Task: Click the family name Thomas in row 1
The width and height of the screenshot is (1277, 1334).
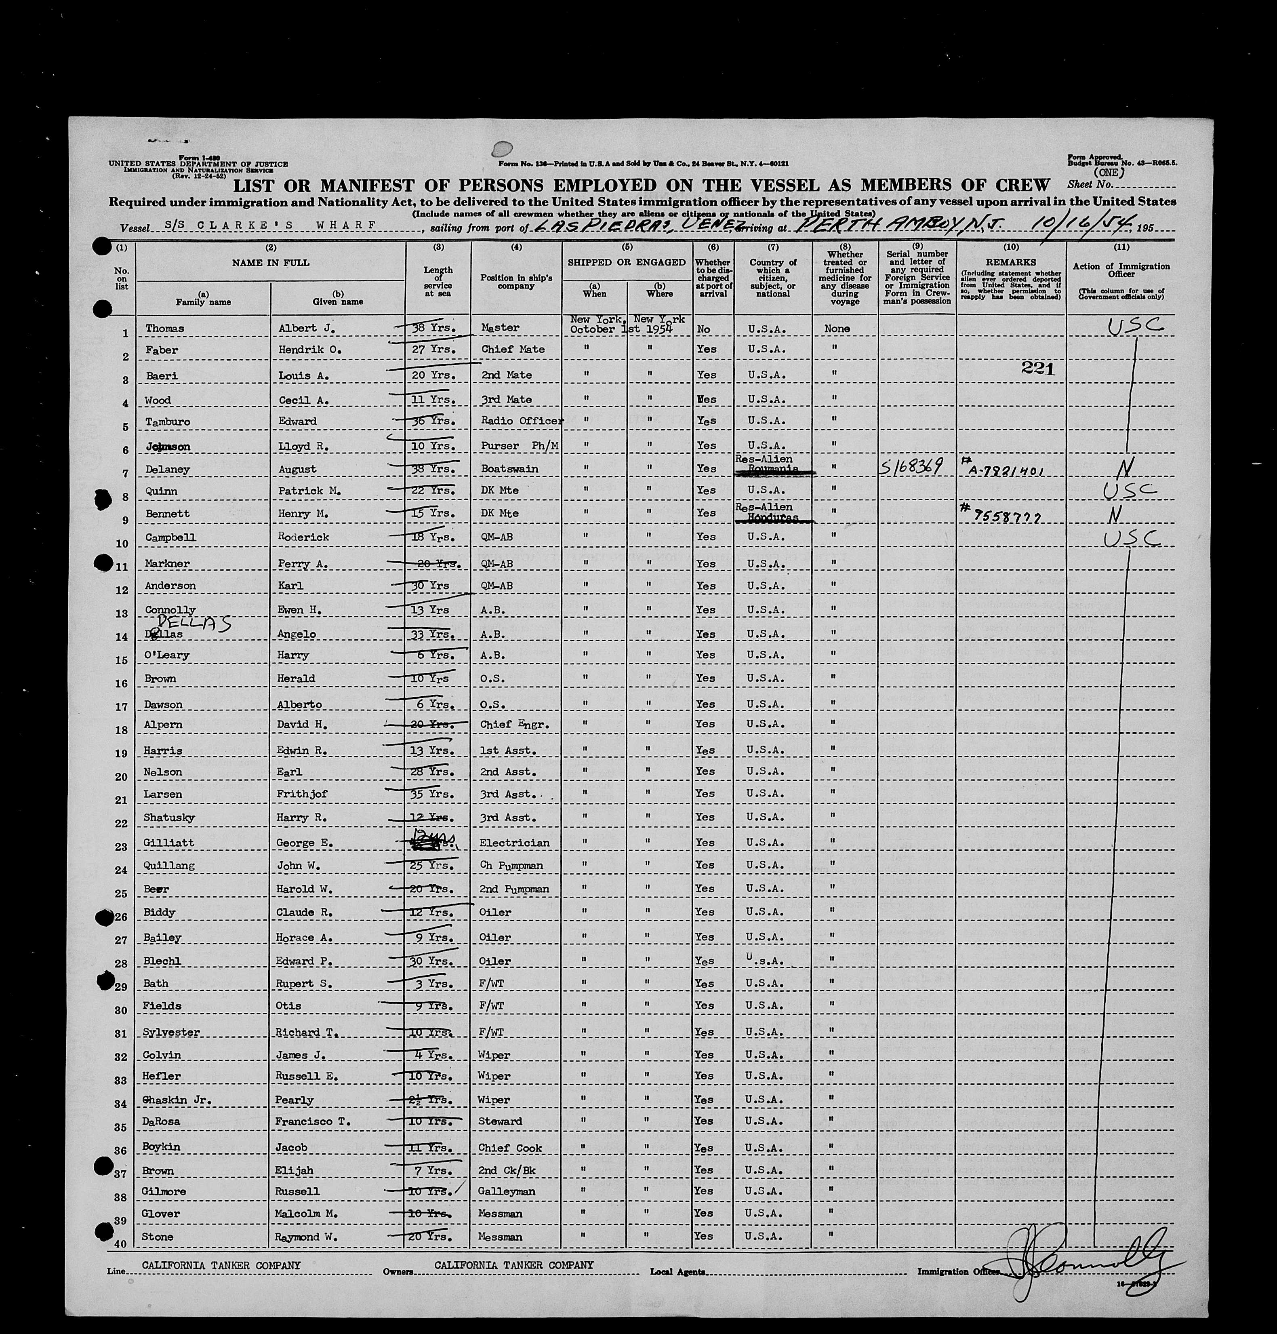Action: click(x=165, y=329)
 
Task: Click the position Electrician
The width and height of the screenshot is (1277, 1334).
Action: click(x=514, y=843)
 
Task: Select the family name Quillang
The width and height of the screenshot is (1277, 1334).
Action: click(x=169, y=866)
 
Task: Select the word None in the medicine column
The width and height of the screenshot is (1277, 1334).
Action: click(x=837, y=329)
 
